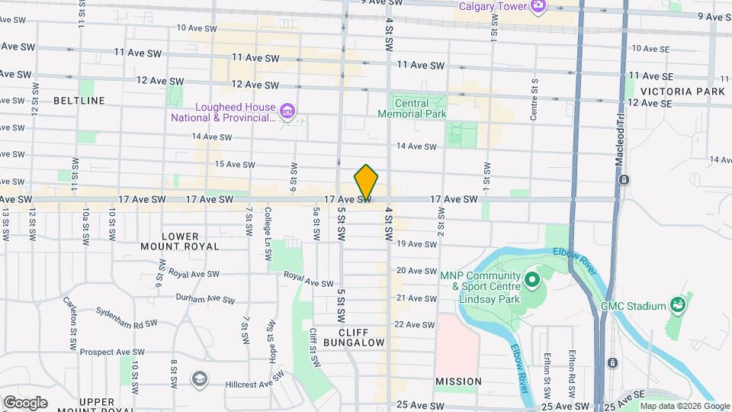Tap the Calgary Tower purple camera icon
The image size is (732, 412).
tap(538, 6)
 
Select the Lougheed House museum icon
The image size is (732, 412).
tap(287, 113)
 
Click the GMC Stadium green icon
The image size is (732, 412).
tap(676, 306)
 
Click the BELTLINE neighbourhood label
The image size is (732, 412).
tap(79, 101)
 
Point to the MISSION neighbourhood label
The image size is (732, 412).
tap(458, 381)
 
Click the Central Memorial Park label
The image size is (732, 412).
tap(413, 108)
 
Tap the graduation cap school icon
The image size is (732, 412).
tap(199, 378)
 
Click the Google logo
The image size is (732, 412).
tap(25, 403)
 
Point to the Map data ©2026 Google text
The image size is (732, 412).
tap(684, 406)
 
